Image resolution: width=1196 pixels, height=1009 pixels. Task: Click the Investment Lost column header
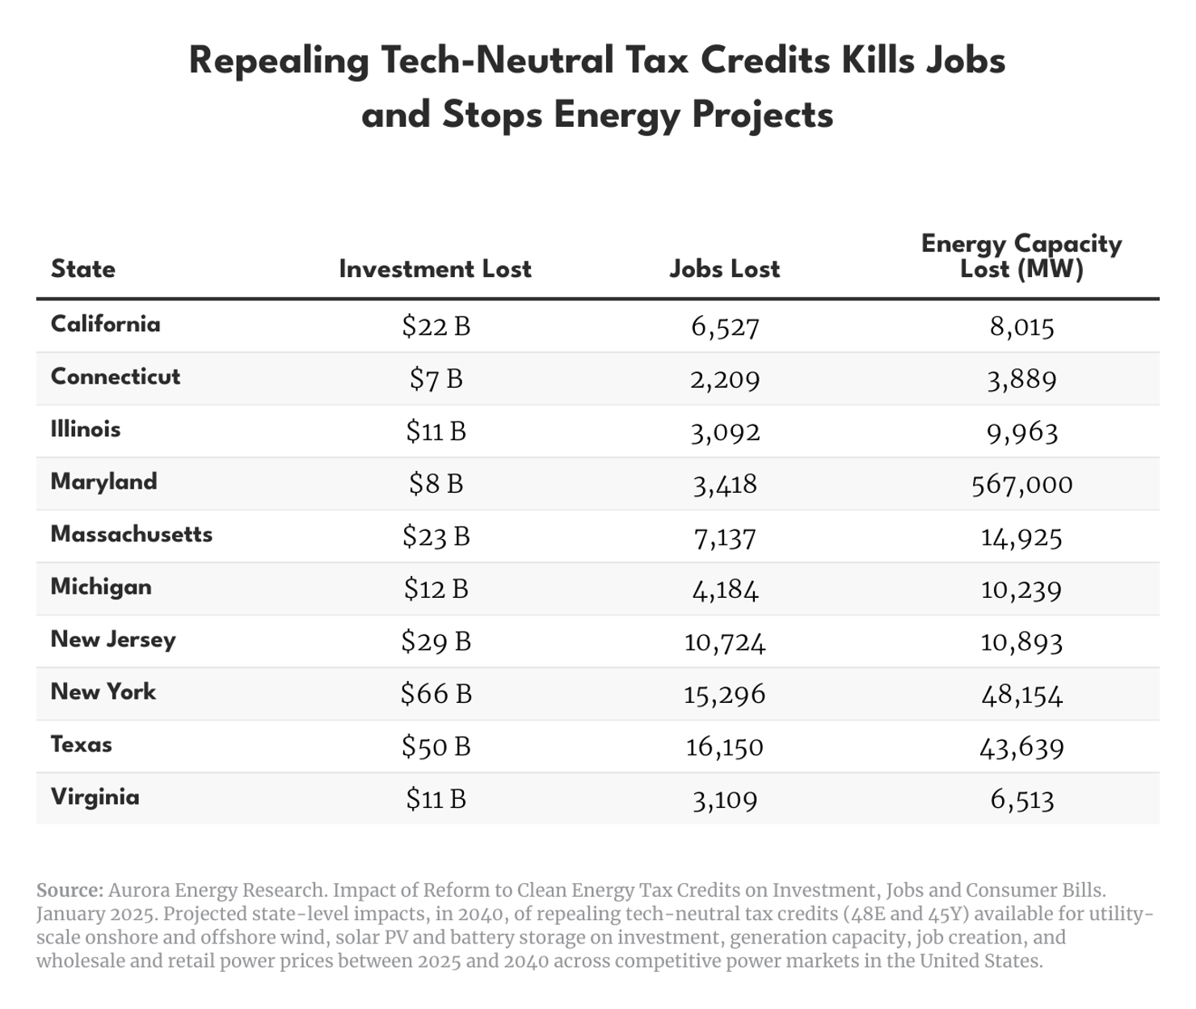[x=435, y=269]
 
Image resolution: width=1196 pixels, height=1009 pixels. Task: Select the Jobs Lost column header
[x=724, y=269]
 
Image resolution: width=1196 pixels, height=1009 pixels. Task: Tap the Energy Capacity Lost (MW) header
[x=1021, y=256]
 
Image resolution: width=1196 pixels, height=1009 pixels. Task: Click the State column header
[x=82, y=269]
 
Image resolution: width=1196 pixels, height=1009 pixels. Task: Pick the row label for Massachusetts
[x=131, y=534]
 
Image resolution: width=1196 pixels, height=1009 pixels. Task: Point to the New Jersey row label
[x=112, y=639]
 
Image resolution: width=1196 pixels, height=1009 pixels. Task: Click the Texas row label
[x=81, y=744]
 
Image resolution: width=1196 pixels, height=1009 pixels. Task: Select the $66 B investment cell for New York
[x=436, y=694]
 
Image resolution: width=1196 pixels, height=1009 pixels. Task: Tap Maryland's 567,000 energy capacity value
[x=1021, y=484]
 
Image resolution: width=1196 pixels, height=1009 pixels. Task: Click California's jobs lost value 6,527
[x=725, y=326]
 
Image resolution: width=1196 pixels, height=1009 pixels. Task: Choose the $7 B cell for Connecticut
[x=436, y=379]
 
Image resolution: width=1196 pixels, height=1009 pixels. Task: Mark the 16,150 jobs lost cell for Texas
[x=724, y=746]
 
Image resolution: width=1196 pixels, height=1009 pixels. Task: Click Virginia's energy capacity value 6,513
[x=1021, y=799]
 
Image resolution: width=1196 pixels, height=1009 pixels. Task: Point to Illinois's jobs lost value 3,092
[x=725, y=431]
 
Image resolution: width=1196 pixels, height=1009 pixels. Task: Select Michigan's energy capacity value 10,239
[x=1021, y=589]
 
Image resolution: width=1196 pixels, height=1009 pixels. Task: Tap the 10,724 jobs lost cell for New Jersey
[x=724, y=641]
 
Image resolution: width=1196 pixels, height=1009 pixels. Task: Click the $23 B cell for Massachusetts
[x=436, y=536]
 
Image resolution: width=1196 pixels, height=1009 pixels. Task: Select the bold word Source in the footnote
[x=69, y=890]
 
